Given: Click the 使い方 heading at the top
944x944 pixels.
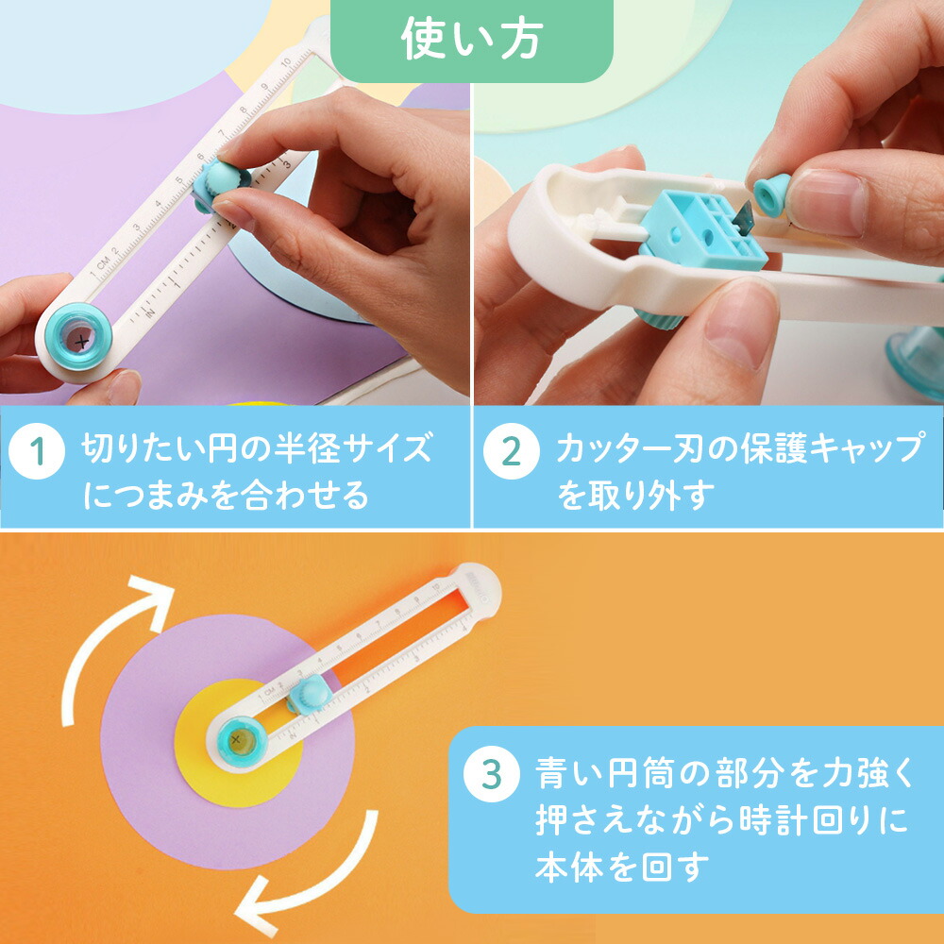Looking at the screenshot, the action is point(471,40).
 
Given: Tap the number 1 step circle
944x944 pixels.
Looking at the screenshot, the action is point(37,451).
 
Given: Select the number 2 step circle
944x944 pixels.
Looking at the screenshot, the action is point(511,451).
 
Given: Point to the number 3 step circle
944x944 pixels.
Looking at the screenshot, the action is point(491,774).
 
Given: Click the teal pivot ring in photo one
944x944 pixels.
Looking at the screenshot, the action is point(78,337).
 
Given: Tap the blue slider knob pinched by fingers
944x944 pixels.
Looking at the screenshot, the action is point(220,185).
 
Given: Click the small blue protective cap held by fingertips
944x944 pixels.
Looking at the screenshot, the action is point(772,194).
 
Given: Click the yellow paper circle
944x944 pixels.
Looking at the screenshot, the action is point(239,743).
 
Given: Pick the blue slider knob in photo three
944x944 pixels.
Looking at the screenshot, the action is point(310,694).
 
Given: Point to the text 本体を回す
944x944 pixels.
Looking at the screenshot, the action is point(622,866).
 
